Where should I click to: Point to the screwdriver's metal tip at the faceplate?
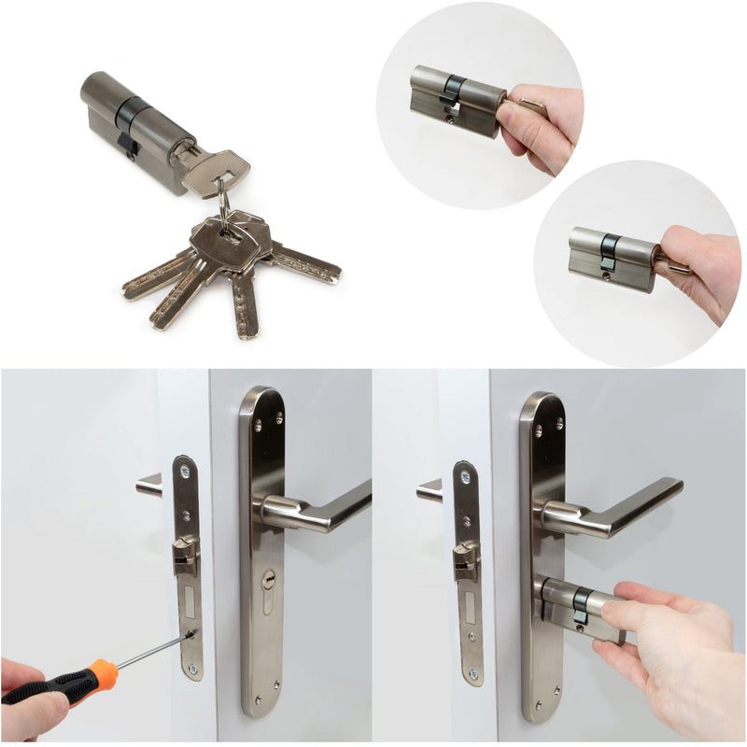[x=190, y=635]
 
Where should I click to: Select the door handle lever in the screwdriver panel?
[x=317, y=509]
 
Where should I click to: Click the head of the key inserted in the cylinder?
[x=216, y=172]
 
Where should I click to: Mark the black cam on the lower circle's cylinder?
[x=609, y=250]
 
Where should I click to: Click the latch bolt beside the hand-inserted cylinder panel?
[x=465, y=563]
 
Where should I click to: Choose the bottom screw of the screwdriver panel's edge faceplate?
[x=192, y=669]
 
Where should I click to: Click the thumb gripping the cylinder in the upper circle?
[x=519, y=117]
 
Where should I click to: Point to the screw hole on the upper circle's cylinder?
[x=452, y=119]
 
